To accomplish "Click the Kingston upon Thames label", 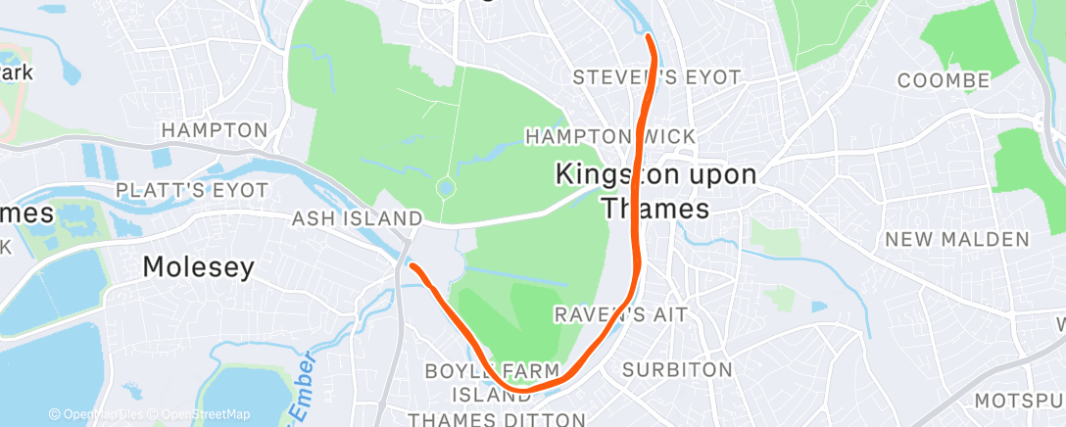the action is (x=654, y=191).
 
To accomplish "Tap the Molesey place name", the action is (x=198, y=266).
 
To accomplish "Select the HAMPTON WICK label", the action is (x=610, y=136).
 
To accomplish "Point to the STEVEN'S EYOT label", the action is (x=656, y=76).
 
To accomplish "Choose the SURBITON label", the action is (x=678, y=370).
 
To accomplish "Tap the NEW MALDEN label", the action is (x=957, y=239).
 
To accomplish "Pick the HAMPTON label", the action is (x=215, y=130).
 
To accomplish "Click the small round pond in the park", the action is (x=446, y=185).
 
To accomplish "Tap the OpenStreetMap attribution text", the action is (x=204, y=414).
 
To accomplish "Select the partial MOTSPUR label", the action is (x=1019, y=401).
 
